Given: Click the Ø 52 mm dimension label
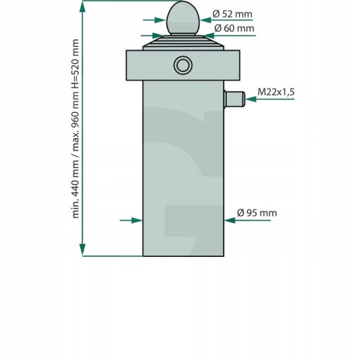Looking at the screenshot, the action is coord(233,14).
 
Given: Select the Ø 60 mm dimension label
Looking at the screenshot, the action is coord(234,28).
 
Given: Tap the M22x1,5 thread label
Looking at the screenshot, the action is coord(276,92).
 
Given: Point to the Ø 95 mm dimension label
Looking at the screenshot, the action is coord(257,213).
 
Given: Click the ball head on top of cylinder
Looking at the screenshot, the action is coord(183,18).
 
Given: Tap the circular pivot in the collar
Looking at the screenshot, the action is coord(183,65).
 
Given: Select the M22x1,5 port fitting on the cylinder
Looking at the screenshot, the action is coord(235,99).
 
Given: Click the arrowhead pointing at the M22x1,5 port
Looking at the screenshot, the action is coord(251,99).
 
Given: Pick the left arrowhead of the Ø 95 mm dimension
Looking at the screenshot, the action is coord(137,220).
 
